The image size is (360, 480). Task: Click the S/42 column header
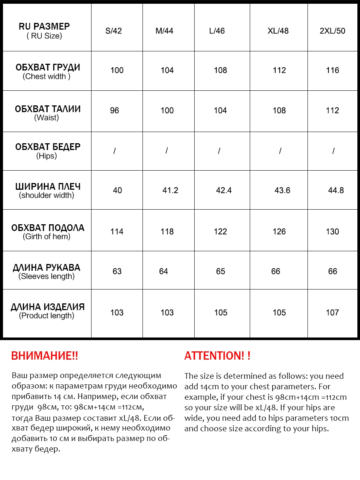[114, 31]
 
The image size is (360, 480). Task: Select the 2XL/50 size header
[332, 31]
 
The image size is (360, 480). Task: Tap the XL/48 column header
[278, 31]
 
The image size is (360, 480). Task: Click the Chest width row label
[47, 71]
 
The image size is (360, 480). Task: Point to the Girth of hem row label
[47, 231]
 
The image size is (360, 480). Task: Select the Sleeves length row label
[46, 271]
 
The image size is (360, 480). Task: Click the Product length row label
[47, 311]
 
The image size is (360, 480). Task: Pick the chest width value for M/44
[167, 70]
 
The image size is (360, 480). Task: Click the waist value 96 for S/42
[114, 111]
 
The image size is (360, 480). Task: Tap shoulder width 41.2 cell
[170, 190]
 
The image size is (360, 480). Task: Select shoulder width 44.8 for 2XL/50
[336, 190]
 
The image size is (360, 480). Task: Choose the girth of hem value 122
[220, 232]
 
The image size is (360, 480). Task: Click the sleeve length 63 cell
[117, 271]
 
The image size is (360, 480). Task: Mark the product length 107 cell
[332, 313]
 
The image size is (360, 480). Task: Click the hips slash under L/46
[219, 151]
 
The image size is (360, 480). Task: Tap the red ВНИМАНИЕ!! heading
[45, 356]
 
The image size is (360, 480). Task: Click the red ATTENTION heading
[217, 356]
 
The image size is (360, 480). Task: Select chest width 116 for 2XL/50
[332, 70]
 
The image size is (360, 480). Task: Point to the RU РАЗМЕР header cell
[44, 31]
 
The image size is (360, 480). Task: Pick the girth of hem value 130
[332, 232]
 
